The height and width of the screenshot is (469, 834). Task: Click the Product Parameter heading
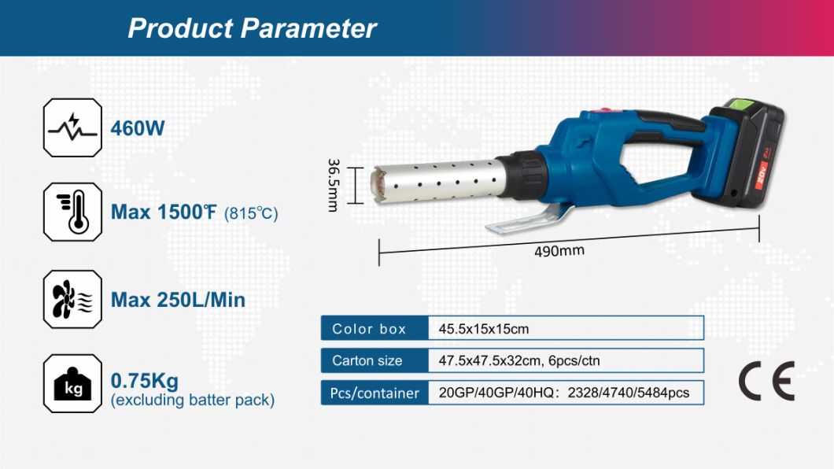252,28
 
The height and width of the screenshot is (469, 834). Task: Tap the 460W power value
138,128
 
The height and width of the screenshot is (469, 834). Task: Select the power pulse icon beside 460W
72,127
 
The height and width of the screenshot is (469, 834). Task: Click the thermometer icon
72,212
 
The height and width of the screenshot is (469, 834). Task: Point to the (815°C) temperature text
251,214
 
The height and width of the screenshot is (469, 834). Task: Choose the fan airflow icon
72,299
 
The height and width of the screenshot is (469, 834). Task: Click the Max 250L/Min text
178,300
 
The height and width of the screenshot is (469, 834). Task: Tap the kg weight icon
72,383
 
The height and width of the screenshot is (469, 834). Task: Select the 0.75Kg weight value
145,381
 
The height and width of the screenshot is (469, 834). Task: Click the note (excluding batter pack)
193,400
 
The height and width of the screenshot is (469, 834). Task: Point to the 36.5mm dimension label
333,185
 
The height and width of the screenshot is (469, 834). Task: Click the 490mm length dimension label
559,250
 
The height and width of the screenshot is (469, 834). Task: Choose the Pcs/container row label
375,393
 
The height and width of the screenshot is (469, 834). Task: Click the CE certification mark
766,381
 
